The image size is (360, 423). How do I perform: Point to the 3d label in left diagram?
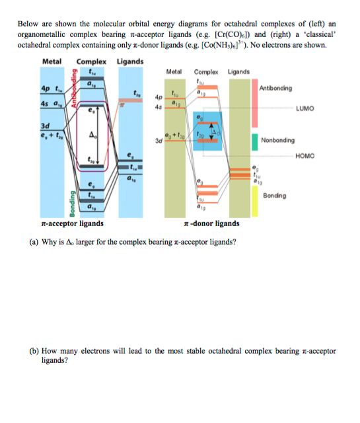tap(45, 124)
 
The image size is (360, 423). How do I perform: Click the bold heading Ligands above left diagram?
tap(129, 61)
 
